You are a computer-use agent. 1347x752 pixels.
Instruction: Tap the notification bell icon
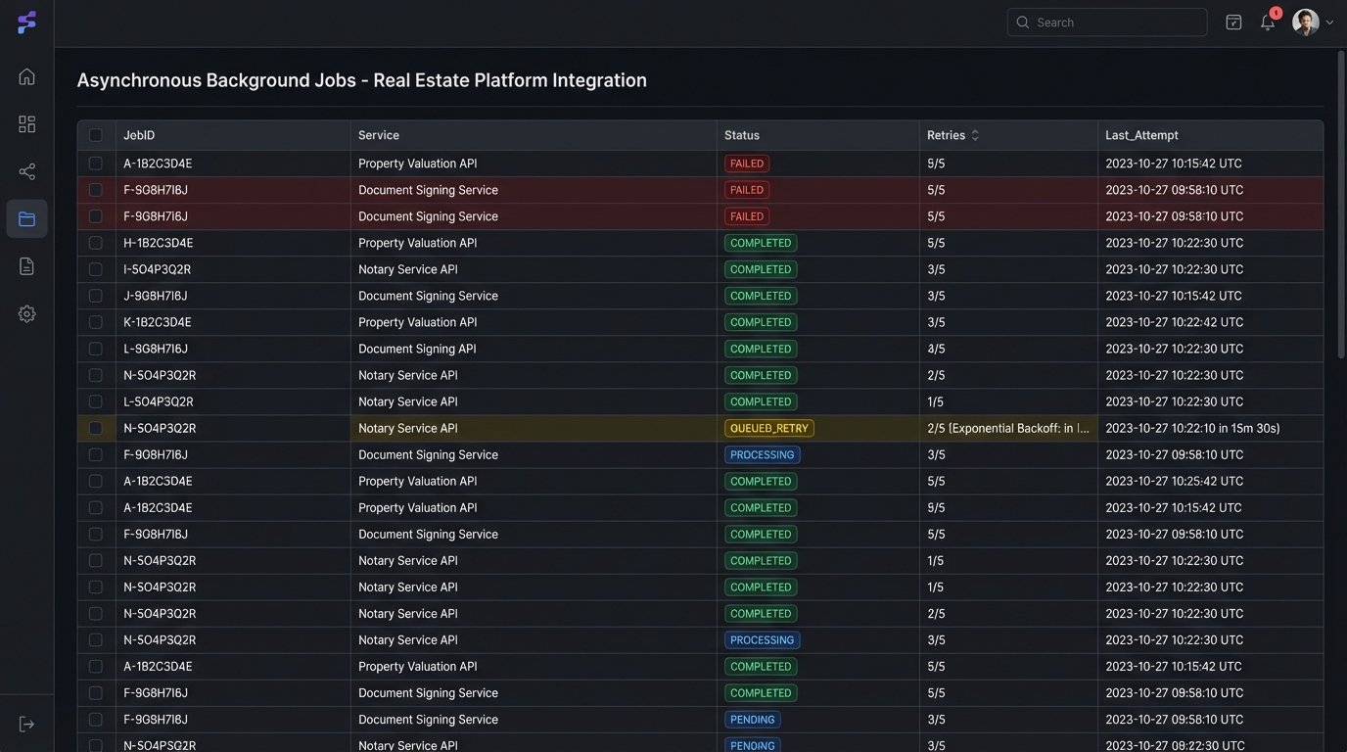(x=1268, y=22)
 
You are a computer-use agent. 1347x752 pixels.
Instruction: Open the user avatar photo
(x=1305, y=22)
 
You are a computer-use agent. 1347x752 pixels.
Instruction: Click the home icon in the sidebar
(x=26, y=76)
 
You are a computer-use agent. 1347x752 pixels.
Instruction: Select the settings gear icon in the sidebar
(x=26, y=313)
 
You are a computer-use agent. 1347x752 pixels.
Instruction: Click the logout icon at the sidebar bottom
(x=26, y=724)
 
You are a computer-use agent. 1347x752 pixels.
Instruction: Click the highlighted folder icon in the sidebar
(x=26, y=218)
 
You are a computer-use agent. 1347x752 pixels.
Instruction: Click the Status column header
(x=742, y=135)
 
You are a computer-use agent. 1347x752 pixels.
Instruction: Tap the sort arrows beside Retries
(x=975, y=135)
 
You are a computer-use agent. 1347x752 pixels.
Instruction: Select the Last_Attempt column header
(x=1141, y=135)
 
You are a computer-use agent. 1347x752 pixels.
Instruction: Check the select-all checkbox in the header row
(x=96, y=135)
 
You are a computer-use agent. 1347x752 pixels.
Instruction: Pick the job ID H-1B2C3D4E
(x=158, y=243)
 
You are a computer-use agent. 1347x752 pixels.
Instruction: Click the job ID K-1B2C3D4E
(x=157, y=322)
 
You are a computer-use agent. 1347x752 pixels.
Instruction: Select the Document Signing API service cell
(x=417, y=349)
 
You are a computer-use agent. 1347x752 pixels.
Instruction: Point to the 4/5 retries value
(x=936, y=349)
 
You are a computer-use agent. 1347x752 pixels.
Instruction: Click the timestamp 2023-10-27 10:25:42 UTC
(x=1174, y=481)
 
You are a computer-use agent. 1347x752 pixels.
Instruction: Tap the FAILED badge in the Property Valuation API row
(x=747, y=164)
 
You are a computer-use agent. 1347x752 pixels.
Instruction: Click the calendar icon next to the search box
(x=1233, y=22)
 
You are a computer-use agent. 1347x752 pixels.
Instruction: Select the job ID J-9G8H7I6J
(x=155, y=296)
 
